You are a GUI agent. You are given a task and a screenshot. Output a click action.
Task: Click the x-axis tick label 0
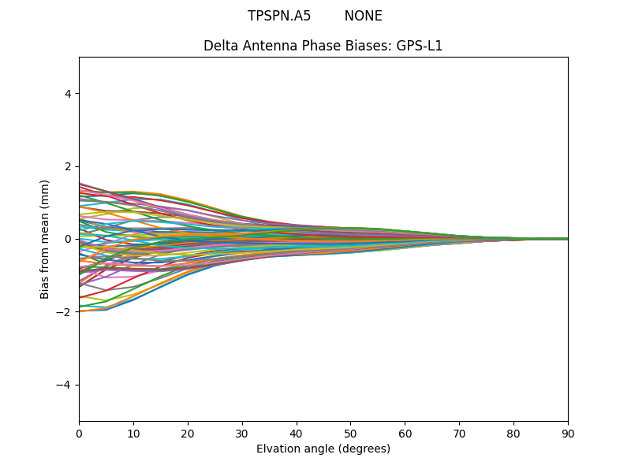pyautogui.click(x=79, y=433)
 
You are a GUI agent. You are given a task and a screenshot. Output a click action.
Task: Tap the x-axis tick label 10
pyautogui.click(x=133, y=433)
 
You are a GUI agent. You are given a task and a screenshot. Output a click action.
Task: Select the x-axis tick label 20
pyautogui.click(x=188, y=433)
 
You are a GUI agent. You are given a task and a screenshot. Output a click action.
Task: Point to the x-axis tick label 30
pyautogui.click(x=242, y=433)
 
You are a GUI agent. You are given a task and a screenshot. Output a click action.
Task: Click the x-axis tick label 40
pyautogui.click(x=297, y=433)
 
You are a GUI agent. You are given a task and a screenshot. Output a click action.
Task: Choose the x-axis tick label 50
pyautogui.click(x=350, y=433)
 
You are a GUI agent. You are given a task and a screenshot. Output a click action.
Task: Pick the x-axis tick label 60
pyautogui.click(x=405, y=433)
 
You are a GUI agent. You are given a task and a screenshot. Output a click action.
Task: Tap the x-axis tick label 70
pyautogui.click(x=459, y=433)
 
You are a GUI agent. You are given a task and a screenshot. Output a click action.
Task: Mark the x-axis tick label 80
pyautogui.click(x=513, y=433)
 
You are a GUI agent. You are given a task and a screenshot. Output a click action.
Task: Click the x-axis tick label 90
pyautogui.click(x=568, y=433)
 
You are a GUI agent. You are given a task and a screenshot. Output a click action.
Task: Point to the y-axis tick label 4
pyautogui.click(x=68, y=94)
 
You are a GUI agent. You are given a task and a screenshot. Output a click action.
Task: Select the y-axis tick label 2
pyautogui.click(x=68, y=166)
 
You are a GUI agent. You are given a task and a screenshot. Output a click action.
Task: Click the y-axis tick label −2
pyautogui.click(x=65, y=312)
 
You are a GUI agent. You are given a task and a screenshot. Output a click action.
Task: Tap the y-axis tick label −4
pyautogui.click(x=65, y=385)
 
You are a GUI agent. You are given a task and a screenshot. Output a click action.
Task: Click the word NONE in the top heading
pyautogui.click(x=363, y=17)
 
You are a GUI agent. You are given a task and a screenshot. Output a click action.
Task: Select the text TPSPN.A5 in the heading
pyautogui.click(x=279, y=17)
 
